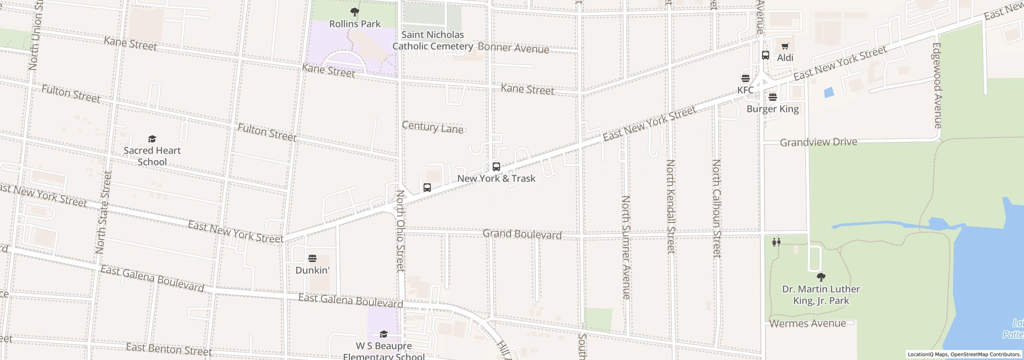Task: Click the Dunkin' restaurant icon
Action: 312,258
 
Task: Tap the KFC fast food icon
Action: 745,78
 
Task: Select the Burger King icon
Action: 772,97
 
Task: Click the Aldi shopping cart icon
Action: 785,46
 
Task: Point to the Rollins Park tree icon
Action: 354,12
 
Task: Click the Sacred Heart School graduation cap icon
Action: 152,139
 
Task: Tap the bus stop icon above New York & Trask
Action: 496,166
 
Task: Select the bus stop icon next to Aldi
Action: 765,55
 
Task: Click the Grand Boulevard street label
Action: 522,234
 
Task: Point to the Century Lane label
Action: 432,127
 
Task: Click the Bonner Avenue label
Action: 513,48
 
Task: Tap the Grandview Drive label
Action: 818,142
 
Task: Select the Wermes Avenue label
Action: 807,323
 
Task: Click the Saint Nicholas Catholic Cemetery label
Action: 432,40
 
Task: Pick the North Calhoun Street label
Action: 716,208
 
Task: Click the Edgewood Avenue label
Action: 937,86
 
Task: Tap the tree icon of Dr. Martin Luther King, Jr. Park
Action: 821,277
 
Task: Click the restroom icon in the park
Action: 776,242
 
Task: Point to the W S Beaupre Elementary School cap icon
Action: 383,334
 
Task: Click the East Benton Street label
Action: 168,349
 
